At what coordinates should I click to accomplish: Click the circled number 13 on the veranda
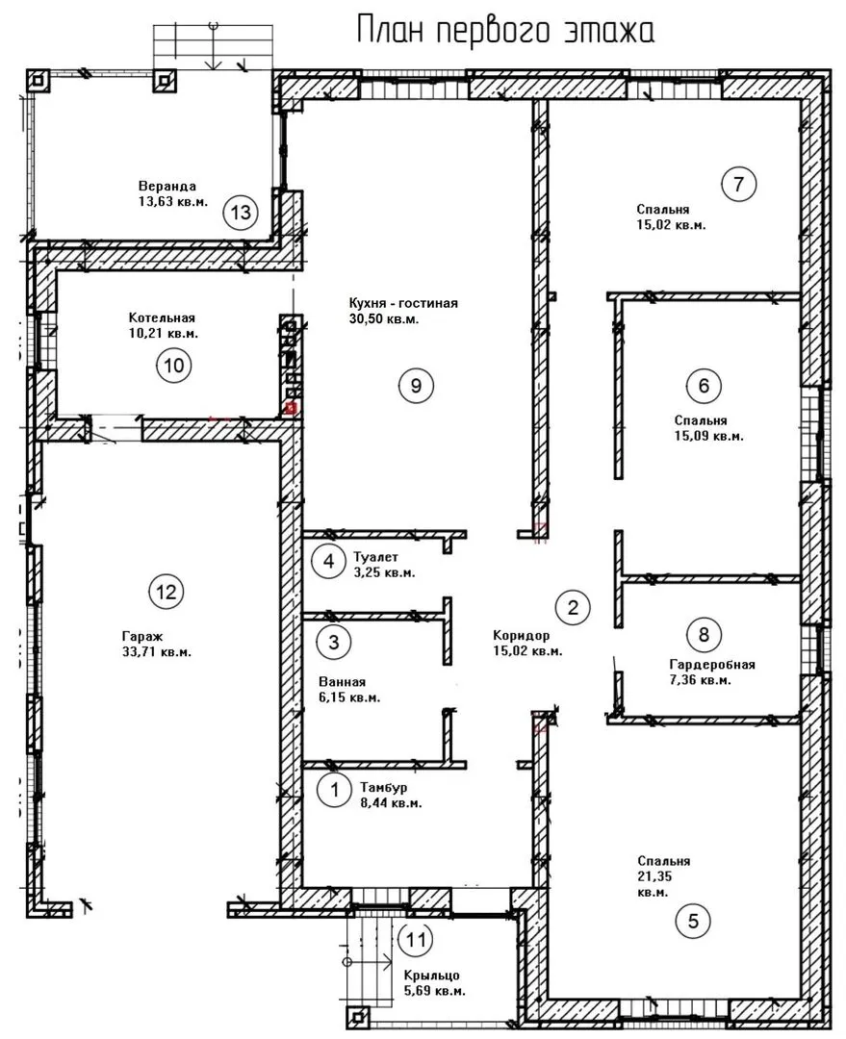coord(241,213)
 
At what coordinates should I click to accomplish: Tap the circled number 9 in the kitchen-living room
coord(417,386)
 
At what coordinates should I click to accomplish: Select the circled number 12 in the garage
coord(166,591)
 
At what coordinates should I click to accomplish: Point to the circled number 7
coord(738,184)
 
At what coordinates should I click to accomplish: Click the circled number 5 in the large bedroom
coord(694,921)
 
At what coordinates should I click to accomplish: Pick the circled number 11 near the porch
coord(416,940)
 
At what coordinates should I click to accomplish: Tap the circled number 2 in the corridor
coord(573,607)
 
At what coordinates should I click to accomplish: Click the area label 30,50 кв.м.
coord(384,319)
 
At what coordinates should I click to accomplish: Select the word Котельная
coord(162,317)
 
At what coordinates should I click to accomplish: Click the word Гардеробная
coord(712,664)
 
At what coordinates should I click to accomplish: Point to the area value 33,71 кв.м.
coord(157,652)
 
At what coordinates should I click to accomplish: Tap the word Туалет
coord(376,557)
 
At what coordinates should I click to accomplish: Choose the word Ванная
coord(342,682)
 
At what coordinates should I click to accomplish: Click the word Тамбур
coord(384,787)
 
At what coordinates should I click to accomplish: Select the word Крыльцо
coord(431,976)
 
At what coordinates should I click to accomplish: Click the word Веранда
coord(167,187)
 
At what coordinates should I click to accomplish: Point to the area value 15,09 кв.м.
coord(708,437)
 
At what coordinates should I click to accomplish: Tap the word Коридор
coord(521,636)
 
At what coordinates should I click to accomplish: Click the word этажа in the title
coord(609,31)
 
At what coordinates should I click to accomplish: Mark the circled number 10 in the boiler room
coord(173,366)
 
